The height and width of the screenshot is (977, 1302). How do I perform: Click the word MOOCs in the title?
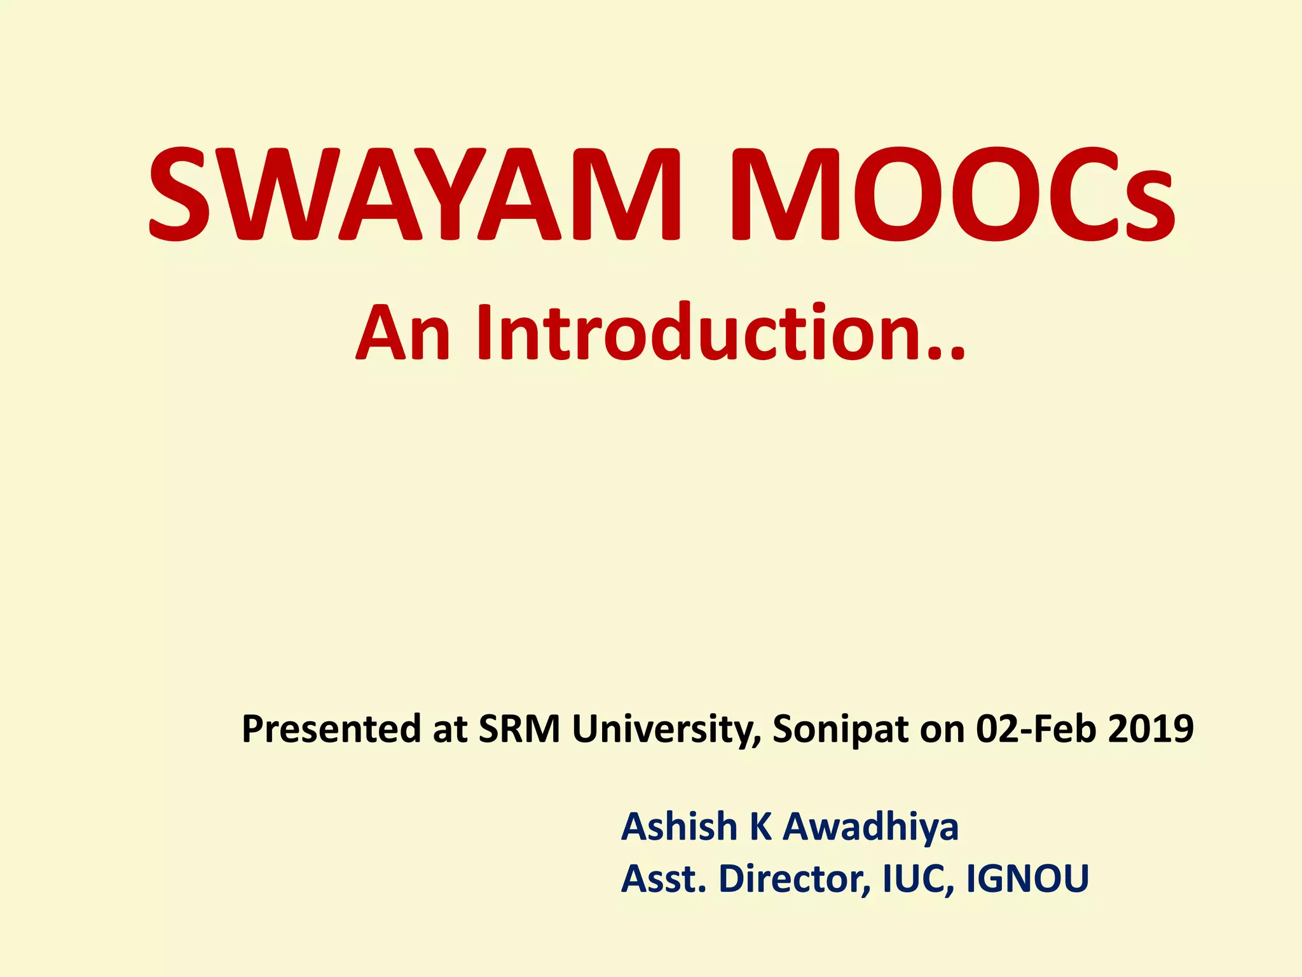952,194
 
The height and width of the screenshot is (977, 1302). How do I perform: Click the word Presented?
331,729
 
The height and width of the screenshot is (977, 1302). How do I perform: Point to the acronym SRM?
519,729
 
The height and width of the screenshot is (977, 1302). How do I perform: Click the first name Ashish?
679,827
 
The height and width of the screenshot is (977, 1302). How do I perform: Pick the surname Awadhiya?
870,827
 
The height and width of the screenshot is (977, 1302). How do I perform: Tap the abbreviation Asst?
664,879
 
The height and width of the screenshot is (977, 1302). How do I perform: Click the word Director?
794,879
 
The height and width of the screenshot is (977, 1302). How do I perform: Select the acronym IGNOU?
1027,879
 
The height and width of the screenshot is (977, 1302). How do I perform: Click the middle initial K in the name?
760,827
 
